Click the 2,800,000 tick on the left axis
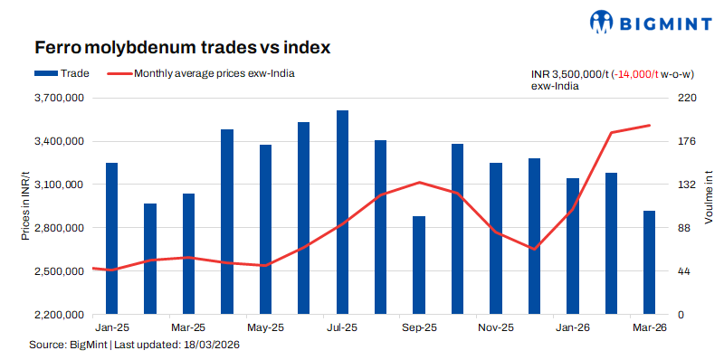click(x=59, y=228)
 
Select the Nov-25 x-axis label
click(x=496, y=327)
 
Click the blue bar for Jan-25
click(x=111, y=239)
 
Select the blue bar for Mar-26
click(x=649, y=262)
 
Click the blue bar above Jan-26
click(x=572, y=246)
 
